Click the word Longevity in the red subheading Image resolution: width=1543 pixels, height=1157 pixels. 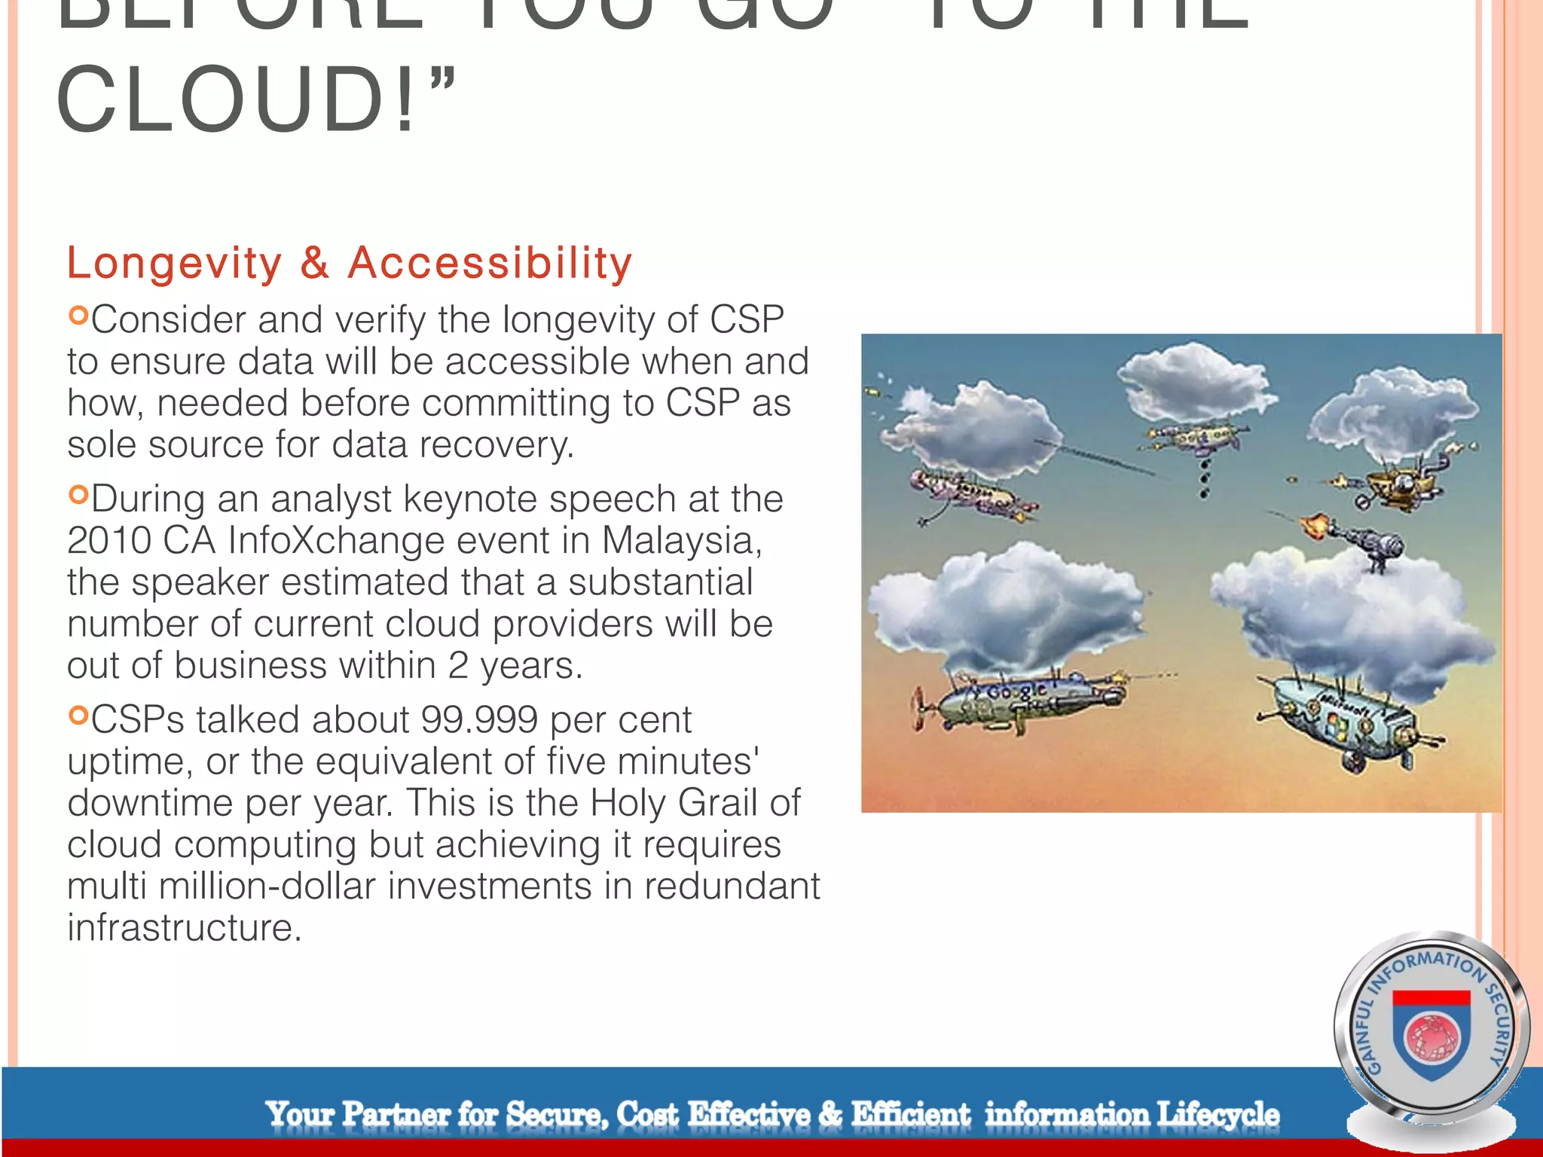tap(174, 263)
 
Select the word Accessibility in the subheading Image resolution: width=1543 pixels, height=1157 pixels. tap(490, 263)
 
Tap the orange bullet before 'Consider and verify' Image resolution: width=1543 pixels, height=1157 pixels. tap(78, 315)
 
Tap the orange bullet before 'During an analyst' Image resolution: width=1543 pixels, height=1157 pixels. tap(78, 494)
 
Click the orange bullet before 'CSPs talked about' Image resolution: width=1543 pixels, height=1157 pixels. tap(78, 715)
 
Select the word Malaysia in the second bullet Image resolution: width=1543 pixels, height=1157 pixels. tap(681, 540)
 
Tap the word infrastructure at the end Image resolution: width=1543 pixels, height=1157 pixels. tap(184, 927)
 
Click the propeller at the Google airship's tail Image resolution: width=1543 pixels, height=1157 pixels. tap(918, 709)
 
